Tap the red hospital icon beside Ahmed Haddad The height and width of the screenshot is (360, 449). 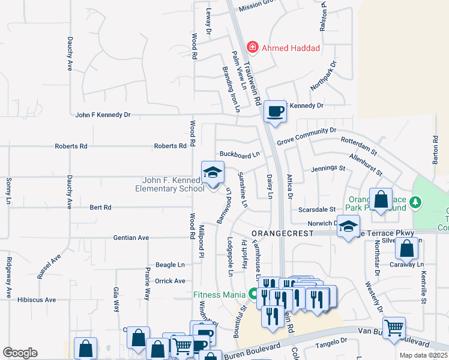253,47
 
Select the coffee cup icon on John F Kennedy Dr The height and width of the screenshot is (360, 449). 275,112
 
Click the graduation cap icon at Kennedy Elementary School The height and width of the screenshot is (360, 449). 212,174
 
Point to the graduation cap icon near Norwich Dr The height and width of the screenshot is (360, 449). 348,227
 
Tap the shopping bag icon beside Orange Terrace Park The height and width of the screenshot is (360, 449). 381,199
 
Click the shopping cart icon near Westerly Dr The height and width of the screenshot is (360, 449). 394,328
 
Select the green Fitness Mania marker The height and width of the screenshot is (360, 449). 253,294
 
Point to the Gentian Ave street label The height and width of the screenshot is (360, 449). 131,238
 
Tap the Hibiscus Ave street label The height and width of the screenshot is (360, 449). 37,299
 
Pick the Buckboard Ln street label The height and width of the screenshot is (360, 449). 240,155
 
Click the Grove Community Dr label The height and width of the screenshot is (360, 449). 307,132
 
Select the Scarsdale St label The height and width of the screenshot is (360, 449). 317,209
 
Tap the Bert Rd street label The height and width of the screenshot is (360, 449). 100,208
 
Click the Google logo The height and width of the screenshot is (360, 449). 20,353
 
